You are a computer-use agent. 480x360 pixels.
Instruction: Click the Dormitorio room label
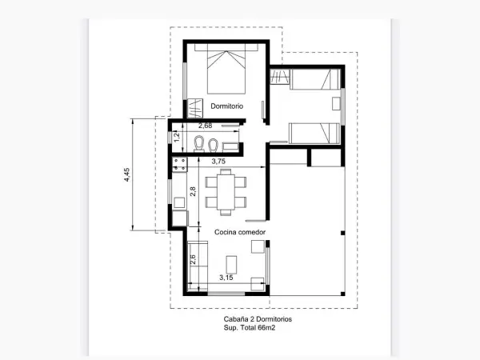point(227,106)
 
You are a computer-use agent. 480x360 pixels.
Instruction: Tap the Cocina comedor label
point(240,232)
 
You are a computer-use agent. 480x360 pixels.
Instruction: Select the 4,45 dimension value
point(126,174)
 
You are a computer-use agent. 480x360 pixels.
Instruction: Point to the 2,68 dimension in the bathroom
point(205,126)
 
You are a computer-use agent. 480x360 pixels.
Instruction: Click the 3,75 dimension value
point(218,162)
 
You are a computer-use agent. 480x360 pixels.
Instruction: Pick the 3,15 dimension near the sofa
point(226,278)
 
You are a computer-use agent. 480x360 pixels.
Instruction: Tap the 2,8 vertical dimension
point(193,192)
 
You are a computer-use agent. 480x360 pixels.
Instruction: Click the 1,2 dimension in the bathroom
point(177,137)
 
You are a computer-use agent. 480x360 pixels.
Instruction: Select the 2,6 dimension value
point(193,260)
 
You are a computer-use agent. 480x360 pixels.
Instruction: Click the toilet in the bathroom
point(199,143)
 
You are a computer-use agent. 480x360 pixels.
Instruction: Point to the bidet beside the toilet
point(213,145)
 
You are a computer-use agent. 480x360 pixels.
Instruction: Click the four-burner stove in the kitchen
point(179,164)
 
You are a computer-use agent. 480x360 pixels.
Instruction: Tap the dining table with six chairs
point(226,192)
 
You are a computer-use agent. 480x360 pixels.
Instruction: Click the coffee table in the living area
point(231,265)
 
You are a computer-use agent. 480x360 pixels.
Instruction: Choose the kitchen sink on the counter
point(179,202)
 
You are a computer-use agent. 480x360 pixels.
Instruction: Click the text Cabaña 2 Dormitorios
point(258,319)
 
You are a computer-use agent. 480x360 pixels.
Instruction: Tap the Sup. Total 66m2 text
point(249,328)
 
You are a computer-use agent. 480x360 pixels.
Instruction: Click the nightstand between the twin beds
point(337,104)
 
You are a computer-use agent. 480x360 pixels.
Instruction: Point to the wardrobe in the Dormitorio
point(194,108)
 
